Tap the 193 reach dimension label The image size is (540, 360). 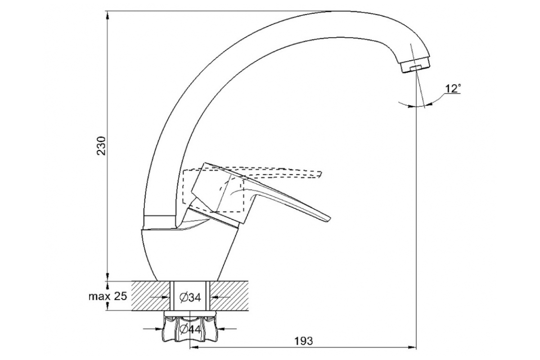tap(304, 341)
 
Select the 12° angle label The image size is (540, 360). tap(453, 89)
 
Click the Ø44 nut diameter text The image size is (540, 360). tap(190, 329)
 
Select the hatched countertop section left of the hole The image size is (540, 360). tap(150, 296)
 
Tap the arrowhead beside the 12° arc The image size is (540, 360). tap(428, 104)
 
